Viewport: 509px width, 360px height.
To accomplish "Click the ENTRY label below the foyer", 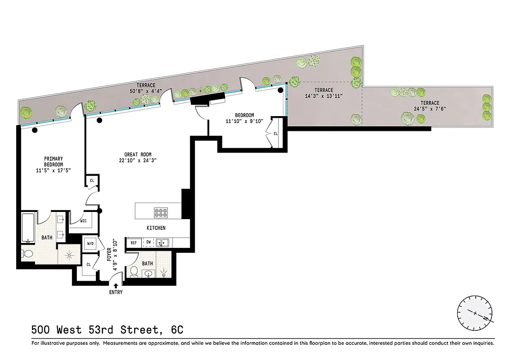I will [115, 292].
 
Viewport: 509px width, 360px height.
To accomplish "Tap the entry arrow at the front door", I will [116, 285].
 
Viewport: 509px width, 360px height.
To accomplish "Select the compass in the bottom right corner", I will [475, 313].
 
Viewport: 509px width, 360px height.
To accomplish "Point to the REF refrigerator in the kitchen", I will [134, 243].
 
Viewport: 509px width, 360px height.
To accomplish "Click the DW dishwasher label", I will [148, 243].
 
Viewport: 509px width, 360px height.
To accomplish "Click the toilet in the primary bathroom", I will [27, 254].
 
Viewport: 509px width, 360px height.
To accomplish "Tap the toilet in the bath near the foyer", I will [134, 271].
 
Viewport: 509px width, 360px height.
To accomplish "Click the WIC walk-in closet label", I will [84, 221].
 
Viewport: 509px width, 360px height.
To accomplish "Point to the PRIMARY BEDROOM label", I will [53, 162].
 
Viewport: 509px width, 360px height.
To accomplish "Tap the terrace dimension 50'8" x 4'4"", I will [147, 91].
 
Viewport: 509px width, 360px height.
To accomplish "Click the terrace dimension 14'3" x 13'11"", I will [324, 96].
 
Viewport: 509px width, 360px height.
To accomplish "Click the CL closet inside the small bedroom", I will [275, 134].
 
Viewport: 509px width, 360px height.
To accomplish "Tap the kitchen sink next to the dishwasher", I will [162, 243].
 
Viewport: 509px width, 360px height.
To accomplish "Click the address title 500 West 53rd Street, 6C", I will [107, 330].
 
